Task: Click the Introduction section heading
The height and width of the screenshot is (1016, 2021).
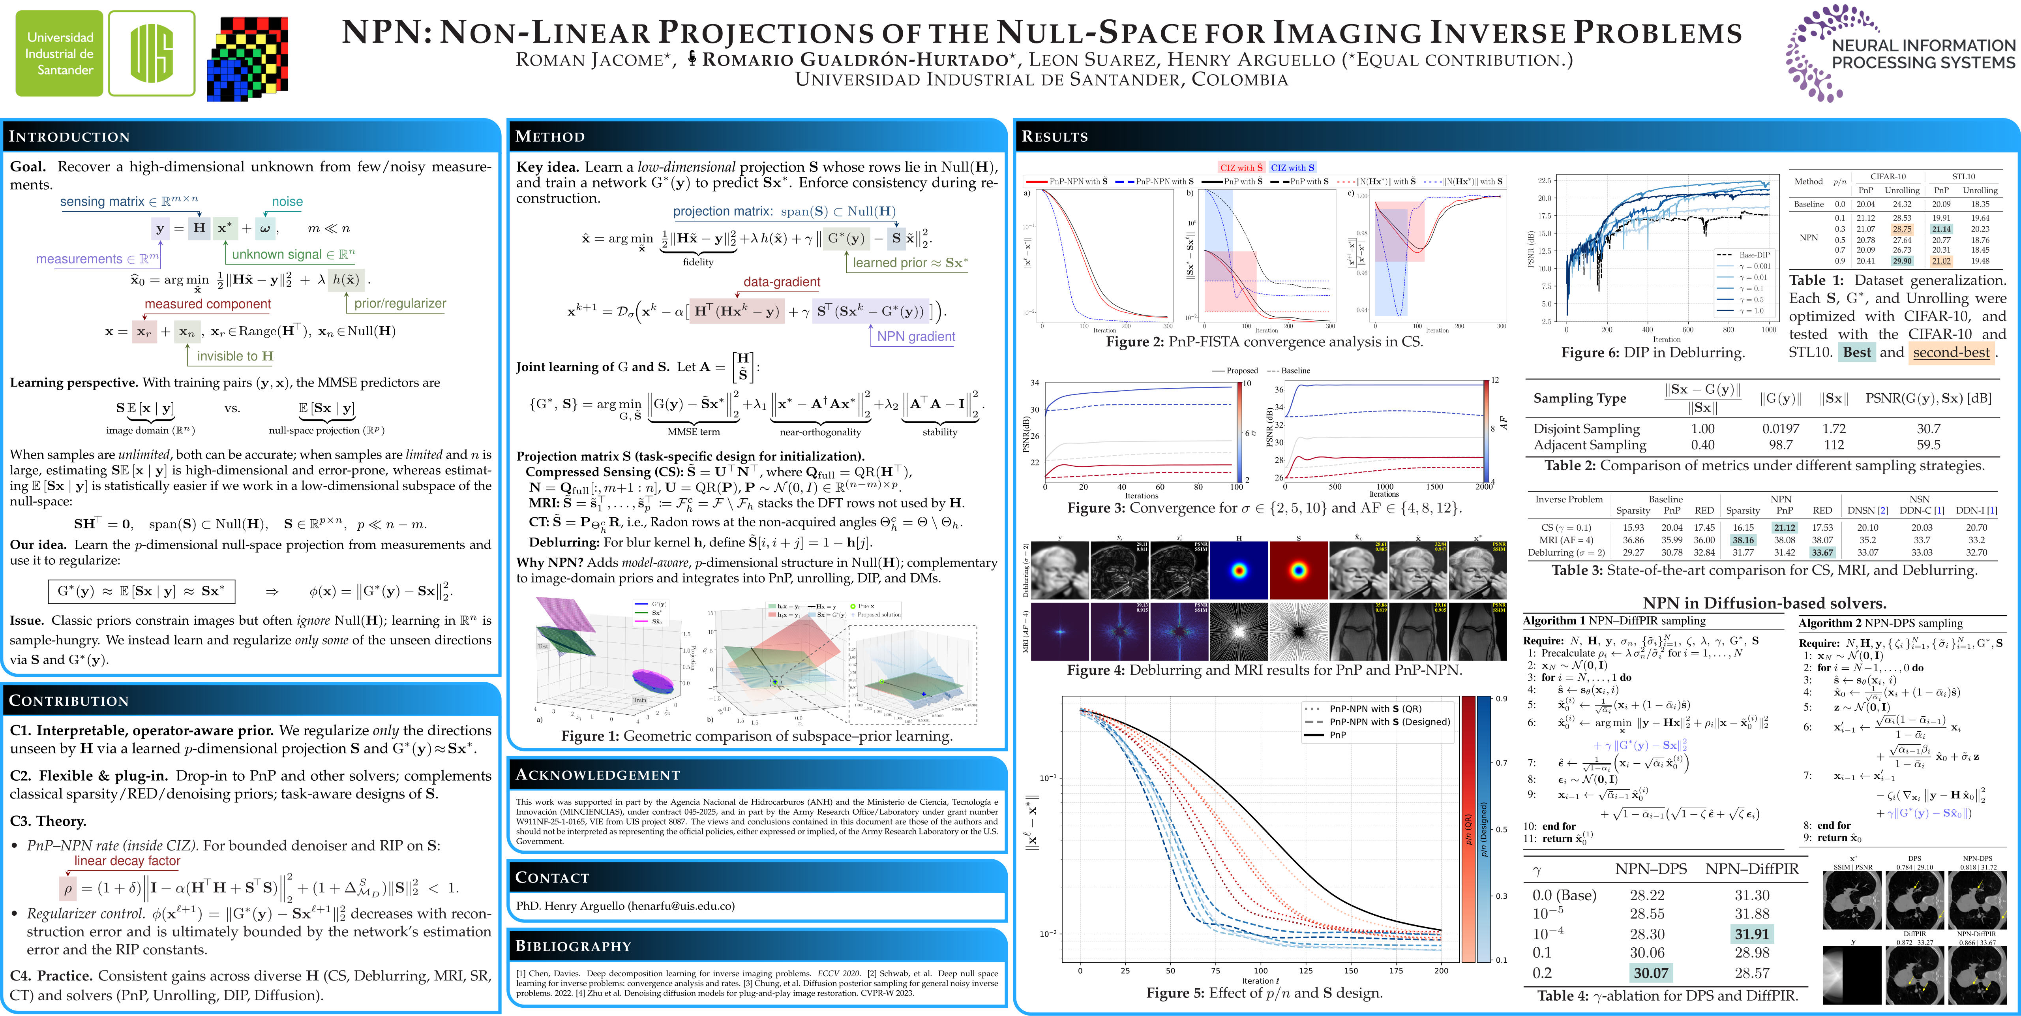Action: [69, 137]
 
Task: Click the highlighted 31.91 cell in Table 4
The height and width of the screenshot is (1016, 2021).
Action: [1752, 933]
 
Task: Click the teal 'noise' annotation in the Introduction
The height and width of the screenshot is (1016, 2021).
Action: [287, 202]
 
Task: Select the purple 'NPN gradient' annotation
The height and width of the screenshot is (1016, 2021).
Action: [916, 336]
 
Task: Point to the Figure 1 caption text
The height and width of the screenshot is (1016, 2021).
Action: [756, 736]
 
